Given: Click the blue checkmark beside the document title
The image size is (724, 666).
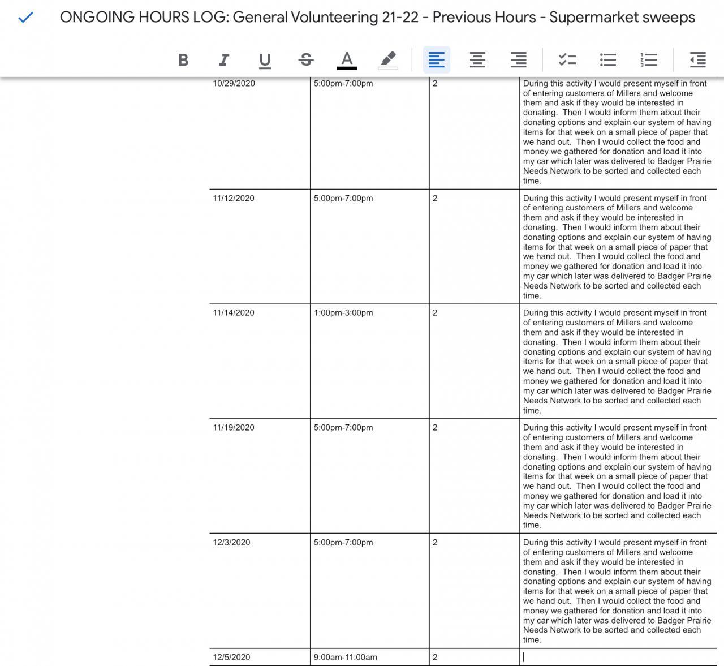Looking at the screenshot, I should click(25, 18).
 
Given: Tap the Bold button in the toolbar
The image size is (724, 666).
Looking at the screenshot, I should click(183, 60).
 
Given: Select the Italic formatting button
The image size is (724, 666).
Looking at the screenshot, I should click(224, 60).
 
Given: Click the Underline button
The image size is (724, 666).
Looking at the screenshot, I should click(265, 60).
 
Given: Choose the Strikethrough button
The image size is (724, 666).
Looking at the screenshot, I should click(306, 60).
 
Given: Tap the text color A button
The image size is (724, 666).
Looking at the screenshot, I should click(347, 60).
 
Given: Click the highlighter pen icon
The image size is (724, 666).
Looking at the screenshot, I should click(388, 60).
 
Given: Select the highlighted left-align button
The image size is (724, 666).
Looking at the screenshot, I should click(437, 60).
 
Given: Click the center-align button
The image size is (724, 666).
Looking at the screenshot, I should click(477, 60).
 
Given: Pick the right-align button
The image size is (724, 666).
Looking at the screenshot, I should click(518, 60).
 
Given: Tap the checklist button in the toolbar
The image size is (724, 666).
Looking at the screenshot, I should click(567, 60).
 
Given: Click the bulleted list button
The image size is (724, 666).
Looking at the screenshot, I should click(608, 60).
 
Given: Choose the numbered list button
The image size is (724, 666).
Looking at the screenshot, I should click(649, 60).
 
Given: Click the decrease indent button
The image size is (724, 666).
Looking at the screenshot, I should click(697, 60).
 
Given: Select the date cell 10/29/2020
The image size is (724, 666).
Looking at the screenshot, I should click(234, 84).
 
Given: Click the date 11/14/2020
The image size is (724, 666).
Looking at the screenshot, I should click(234, 313).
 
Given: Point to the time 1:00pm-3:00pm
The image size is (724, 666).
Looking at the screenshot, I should click(343, 313).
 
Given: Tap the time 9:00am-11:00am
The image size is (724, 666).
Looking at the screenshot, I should click(346, 658).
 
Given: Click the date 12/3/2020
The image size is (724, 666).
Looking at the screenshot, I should click(231, 543).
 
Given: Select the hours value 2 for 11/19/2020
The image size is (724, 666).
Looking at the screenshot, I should click(435, 428).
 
